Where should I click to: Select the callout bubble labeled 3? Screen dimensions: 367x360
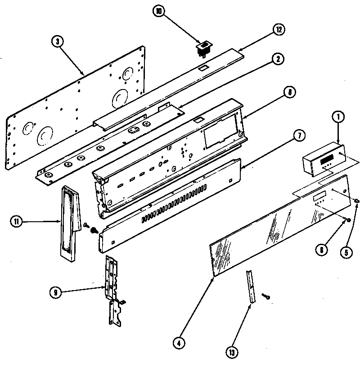click(57, 42)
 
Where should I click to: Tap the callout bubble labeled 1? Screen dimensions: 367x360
click(338, 118)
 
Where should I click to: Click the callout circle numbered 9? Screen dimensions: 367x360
click(56, 292)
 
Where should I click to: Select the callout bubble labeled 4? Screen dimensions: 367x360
click(179, 343)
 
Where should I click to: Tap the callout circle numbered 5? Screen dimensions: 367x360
click(346, 253)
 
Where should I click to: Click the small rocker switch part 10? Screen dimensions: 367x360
click(204, 48)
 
